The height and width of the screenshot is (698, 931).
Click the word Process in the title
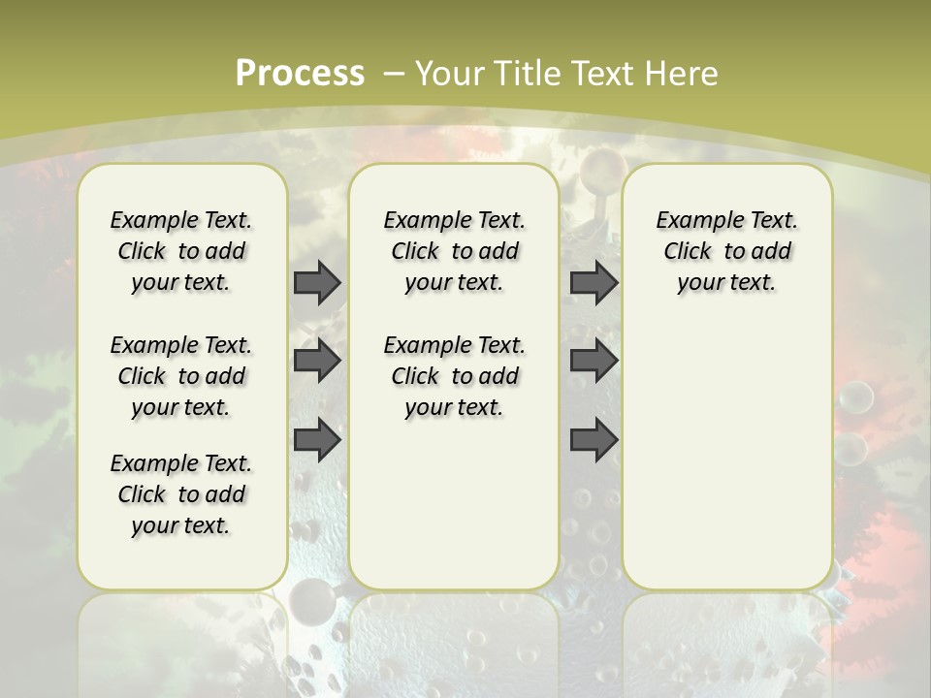[x=300, y=73]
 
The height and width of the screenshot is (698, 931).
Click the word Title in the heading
[x=529, y=74]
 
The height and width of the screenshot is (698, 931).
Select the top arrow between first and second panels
[x=317, y=283]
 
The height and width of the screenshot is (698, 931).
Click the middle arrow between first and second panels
[x=317, y=362]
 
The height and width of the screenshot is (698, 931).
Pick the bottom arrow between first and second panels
[x=317, y=440]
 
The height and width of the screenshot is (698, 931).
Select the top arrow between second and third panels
[x=594, y=283]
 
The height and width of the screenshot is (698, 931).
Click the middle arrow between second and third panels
[x=594, y=362]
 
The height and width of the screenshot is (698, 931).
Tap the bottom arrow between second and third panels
[x=594, y=440]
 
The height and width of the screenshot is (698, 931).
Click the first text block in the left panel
[x=181, y=251]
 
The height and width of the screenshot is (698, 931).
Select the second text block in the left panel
[x=181, y=376]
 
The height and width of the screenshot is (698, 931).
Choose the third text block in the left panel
[x=181, y=494]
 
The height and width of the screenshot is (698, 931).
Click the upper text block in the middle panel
[x=454, y=251]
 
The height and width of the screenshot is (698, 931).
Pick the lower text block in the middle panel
[x=454, y=376]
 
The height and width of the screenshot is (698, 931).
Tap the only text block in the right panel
[x=726, y=251]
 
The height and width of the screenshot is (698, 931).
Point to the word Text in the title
[x=601, y=74]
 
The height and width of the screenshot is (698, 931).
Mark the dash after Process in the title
[x=394, y=74]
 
